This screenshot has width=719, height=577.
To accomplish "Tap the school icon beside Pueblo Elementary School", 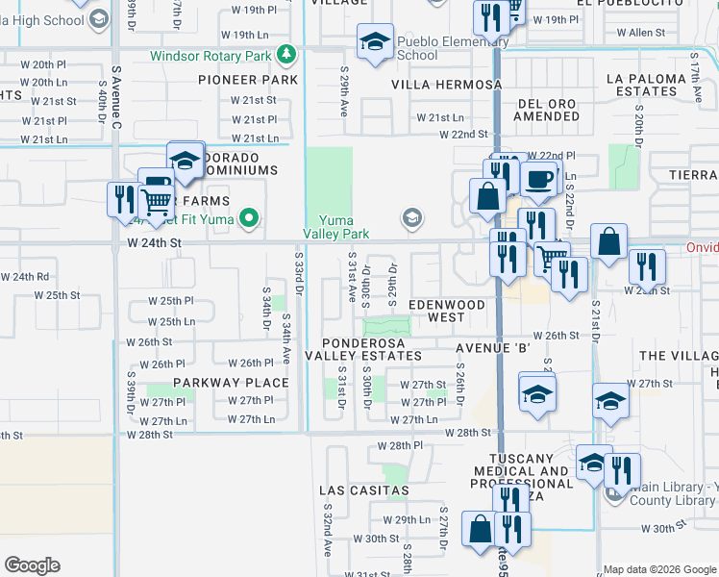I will click(374, 41).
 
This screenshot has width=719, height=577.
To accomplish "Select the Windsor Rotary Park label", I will click(211, 56).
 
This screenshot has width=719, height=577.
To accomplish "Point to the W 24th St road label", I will click(154, 244).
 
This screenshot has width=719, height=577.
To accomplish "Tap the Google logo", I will click(32, 565).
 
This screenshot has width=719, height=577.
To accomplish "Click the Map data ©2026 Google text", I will click(659, 569).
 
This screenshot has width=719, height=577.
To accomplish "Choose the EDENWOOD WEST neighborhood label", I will click(446, 311).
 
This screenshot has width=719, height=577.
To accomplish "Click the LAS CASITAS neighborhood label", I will click(364, 490).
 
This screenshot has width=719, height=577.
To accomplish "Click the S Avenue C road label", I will click(117, 96).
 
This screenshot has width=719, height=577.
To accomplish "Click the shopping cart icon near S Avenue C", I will click(157, 202).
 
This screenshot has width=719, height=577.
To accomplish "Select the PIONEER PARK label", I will click(248, 81).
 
